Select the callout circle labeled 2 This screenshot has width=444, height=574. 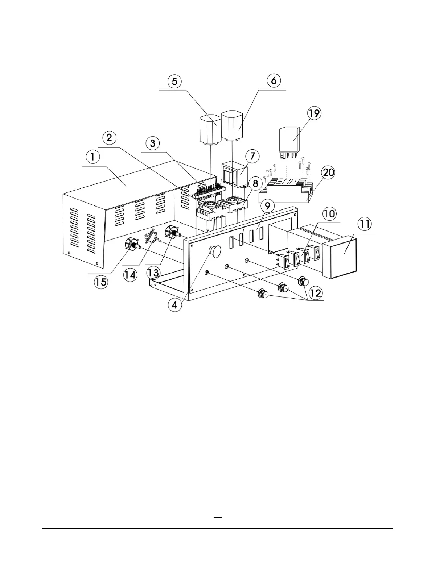coord(109,138)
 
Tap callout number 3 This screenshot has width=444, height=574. coord(153,143)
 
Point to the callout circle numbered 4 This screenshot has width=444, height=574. coord(175,305)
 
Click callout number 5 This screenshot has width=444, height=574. coord(175,81)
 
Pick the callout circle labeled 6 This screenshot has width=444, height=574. coord(274,80)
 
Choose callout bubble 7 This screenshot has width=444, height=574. coord(252,157)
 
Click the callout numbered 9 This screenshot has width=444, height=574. coord(267,207)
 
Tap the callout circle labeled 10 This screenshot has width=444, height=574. coord(330,213)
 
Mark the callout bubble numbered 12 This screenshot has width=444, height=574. coord(316,293)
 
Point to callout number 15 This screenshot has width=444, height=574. coord(101,282)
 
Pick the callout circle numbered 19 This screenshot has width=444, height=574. coord(314,113)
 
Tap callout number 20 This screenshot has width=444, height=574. coord(328,173)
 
